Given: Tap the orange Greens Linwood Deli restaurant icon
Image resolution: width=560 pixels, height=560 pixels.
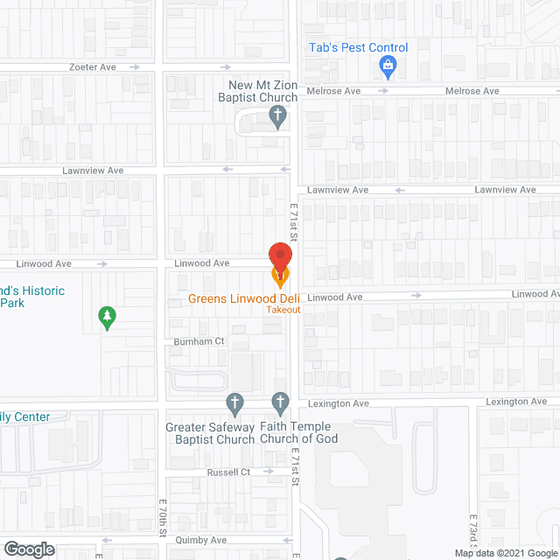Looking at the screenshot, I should pos(280,279).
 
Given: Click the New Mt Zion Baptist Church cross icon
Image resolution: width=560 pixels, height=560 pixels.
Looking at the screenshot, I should pos(277,116).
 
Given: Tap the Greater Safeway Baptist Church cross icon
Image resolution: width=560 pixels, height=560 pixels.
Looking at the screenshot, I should pos(234,403).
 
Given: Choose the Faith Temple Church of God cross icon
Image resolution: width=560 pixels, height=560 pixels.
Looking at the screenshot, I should pos(280,403).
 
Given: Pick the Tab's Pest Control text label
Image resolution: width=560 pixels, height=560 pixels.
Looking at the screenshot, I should pos(359,48).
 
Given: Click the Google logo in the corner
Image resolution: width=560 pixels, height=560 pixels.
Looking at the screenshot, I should pos(28,549).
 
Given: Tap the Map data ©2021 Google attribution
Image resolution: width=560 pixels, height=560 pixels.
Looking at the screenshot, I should pos(505,553).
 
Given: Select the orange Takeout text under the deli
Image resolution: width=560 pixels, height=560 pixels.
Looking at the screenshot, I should pos(283,310).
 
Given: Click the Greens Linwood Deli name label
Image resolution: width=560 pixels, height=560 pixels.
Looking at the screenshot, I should pos(244,298).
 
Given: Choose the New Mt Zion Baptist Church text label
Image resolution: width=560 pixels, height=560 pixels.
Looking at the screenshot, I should pos(263,91).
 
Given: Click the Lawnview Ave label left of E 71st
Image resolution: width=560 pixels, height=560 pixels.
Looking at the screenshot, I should pos(93,170).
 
